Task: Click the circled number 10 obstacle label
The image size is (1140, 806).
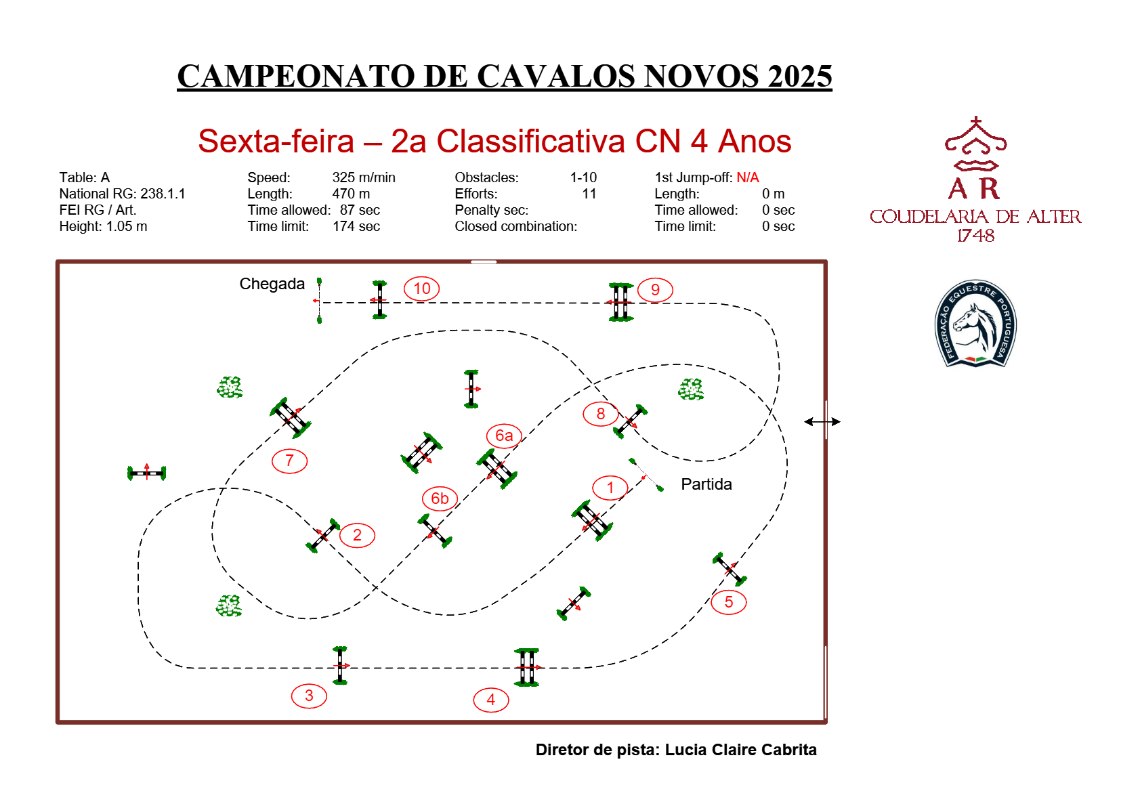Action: click(x=421, y=289)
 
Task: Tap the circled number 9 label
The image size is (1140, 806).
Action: click(x=655, y=290)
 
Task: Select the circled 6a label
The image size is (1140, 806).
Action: click(x=504, y=436)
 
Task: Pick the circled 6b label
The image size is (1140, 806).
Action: click(x=440, y=499)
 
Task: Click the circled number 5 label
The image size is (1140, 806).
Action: click(x=728, y=602)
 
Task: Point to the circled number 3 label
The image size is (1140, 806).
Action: click(x=309, y=696)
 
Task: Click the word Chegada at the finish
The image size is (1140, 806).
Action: click(x=272, y=284)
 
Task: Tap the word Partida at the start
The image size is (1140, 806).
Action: click(x=706, y=484)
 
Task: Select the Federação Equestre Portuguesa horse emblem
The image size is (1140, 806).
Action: click(x=975, y=324)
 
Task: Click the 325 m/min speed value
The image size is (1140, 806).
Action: click(x=363, y=177)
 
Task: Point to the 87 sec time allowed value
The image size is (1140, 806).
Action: click(x=360, y=210)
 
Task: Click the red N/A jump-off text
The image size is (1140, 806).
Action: click(x=747, y=177)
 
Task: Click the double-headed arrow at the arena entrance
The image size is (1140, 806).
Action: click(x=822, y=422)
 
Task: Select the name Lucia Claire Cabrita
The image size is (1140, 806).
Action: click(x=740, y=750)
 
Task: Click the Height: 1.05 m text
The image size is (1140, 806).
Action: click(x=103, y=226)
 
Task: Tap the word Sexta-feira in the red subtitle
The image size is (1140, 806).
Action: click(x=276, y=142)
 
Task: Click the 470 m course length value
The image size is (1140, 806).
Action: click(x=351, y=194)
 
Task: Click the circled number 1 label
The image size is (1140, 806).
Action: click(x=610, y=488)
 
